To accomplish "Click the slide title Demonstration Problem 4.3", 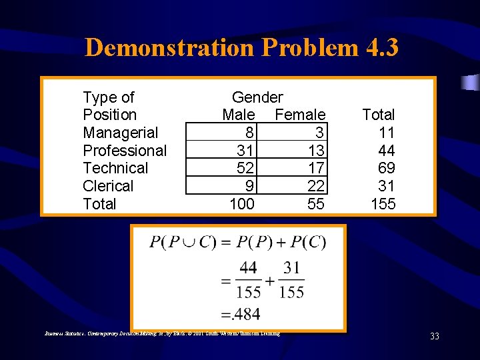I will [x=241, y=47].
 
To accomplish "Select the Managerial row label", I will [x=120, y=133].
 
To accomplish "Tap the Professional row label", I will [x=125, y=151].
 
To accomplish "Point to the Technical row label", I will [x=115, y=168].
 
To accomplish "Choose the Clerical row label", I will [x=108, y=186].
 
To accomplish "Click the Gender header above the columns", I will [x=257, y=97].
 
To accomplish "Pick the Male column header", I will [x=238, y=115].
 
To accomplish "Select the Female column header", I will [x=300, y=115].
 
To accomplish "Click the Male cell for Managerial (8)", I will [x=248, y=133].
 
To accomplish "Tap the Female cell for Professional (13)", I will [x=316, y=151].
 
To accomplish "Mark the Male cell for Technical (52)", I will [x=245, y=168].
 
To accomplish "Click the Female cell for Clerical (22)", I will [x=316, y=186].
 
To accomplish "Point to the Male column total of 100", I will [x=241, y=204].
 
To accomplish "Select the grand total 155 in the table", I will [x=383, y=204].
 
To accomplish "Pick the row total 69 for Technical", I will [x=387, y=168].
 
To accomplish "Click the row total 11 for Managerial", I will [x=387, y=133].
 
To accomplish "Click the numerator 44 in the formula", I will [x=248, y=269].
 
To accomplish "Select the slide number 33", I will [x=435, y=336].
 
